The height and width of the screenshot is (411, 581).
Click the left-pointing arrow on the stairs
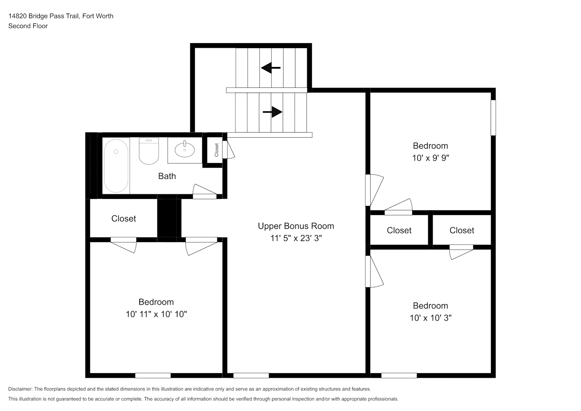pos(270,68)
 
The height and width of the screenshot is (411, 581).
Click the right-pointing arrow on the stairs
pos(272,112)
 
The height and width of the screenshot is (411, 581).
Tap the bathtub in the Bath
pos(116,166)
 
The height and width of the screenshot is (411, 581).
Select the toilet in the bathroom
pos(149,151)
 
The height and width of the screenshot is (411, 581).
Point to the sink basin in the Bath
pos(184,150)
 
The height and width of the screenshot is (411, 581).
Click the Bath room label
pos(167,176)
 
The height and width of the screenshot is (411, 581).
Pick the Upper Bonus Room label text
pos(296,226)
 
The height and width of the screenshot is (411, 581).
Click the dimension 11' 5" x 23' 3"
pos(296,238)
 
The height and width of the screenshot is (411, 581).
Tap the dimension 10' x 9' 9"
pos(431,158)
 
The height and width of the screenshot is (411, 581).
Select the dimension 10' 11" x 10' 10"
pos(157,314)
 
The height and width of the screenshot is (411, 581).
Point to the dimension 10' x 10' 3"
pos(431,318)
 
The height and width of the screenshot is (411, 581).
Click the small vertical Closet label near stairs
pos(217,150)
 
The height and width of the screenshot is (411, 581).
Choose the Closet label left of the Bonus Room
pos(123,219)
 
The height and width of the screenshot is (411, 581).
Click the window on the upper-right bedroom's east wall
pos(493,118)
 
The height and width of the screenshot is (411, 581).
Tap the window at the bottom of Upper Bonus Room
pos(251,376)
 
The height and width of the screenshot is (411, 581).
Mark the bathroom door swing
pos(205,191)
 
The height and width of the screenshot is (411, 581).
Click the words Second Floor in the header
pos(28,26)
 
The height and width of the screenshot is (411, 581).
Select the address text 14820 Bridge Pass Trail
pos(44,16)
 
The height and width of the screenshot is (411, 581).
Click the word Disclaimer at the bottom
pos(20,389)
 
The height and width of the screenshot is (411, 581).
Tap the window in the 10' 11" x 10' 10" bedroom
pos(153,376)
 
